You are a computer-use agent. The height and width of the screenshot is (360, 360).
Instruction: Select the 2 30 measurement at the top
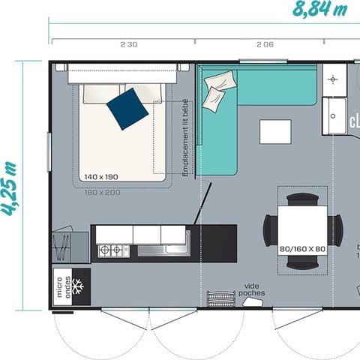click(x=128, y=44)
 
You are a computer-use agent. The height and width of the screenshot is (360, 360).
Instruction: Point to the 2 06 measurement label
click(x=265, y=44)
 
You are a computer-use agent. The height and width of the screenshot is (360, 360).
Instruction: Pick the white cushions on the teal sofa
click(x=214, y=97)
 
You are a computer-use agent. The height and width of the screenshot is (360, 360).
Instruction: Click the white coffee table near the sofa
click(x=274, y=131)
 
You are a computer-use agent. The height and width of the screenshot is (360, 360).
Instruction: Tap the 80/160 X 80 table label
click(x=302, y=248)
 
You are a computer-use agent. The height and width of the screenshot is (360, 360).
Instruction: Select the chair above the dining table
click(x=303, y=199)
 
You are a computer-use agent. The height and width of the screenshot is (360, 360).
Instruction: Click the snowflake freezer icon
click(x=80, y=286)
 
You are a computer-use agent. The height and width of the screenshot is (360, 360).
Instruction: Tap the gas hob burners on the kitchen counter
click(x=114, y=250)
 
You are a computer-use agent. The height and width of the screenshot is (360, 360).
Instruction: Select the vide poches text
click(x=251, y=289)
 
